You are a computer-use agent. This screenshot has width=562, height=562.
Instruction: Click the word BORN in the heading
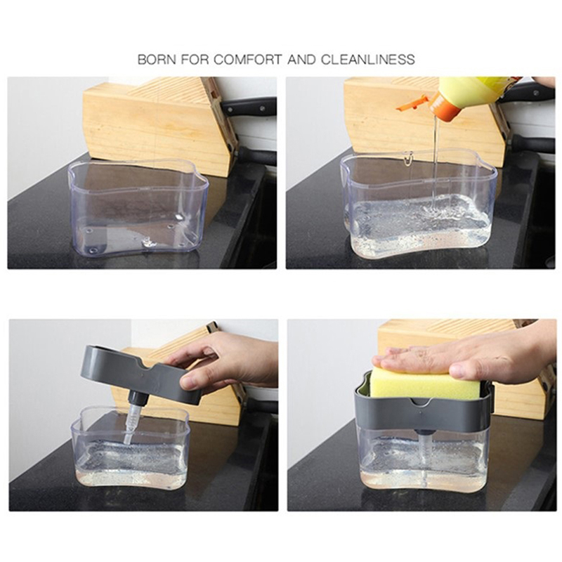tap(157, 59)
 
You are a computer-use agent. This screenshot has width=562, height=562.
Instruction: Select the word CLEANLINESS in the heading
tap(368, 59)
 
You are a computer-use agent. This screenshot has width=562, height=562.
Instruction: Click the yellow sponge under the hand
tap(424, 384)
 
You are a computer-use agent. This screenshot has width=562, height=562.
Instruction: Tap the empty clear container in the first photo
tap(138, 208)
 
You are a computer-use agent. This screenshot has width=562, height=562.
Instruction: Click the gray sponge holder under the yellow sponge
tap(423, 413)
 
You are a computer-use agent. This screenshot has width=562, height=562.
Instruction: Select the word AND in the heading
tap(301, 59)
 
